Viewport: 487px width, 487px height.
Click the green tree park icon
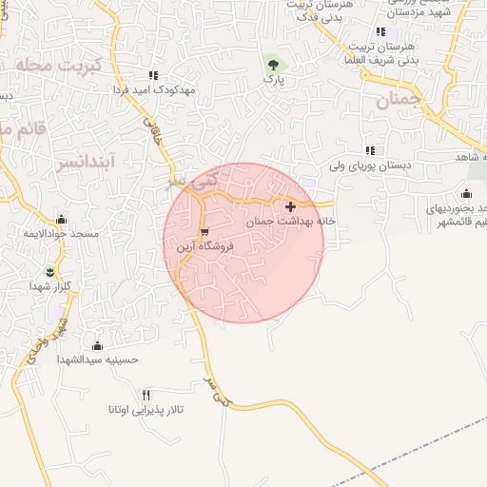pyautogui.click(x=274, y=65)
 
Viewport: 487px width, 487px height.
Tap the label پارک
pyautogui.click(x=275, y=82)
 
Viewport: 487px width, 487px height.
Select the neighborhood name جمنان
pyautogui.click(x=397, y=101)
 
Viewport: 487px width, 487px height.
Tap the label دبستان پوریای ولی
pyautogui.click(x=370, y=166)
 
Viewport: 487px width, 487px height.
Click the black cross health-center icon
pyautogui.click(x=290, y=205)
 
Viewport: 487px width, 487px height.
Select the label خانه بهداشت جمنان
pyautogui.click(x=292, y=221)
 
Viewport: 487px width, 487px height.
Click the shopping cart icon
pyautogui.click(x=204, y=232)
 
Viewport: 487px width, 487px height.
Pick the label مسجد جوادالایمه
pyautogui.click(x=60, y=234)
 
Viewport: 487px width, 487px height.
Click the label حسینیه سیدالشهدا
pyautogui.click(x=98, y=360)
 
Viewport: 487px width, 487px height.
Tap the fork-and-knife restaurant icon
pyautogui.click(x=146, y=395)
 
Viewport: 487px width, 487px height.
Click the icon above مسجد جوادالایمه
pyautogui.click(x=61, y=219)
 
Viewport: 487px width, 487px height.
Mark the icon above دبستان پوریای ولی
pyautogui.click(x=370, y=150)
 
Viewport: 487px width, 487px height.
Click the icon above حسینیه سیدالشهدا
pyautogui.click(x=97, y=344)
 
